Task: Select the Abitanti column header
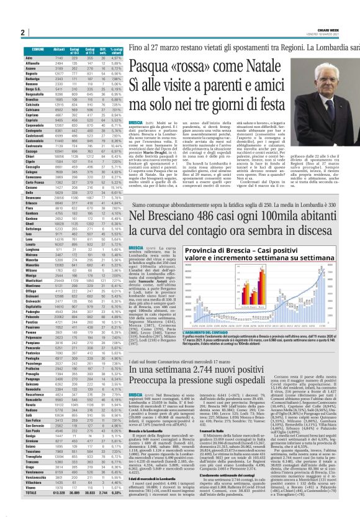(x=59, y=66)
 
